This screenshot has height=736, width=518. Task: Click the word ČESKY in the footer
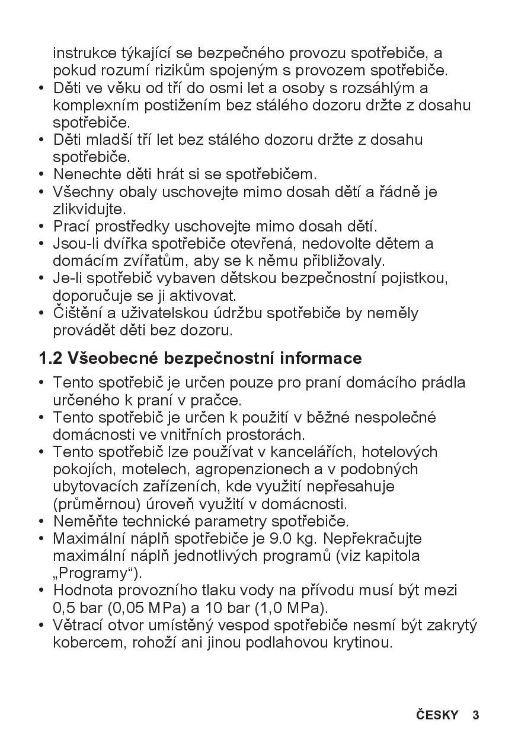coord(437,715)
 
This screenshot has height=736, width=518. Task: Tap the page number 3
coord(475,715)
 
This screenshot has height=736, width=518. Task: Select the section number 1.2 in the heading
coord(50,359)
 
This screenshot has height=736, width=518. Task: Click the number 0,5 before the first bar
coord(62,608)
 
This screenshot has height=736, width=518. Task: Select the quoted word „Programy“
coord(98,573)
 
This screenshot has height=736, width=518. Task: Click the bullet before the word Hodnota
coord(41,591)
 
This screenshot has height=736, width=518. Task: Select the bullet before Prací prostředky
coord(41,227)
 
